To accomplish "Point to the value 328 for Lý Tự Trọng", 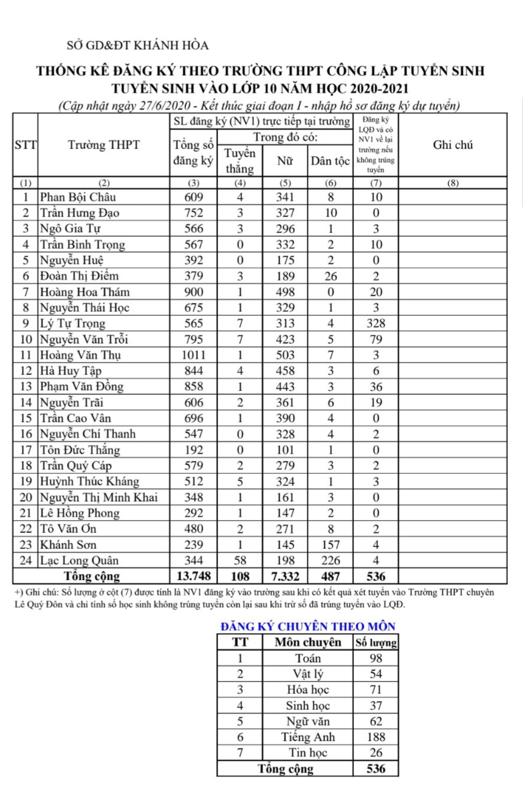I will [x=375, y=324].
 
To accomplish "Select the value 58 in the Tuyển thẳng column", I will [x=240, y=560].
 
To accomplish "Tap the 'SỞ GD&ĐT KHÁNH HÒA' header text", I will [x=138, y=46].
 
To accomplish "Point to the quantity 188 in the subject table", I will [x=375, y=737].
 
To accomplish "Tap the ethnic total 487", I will [x=330, y=576].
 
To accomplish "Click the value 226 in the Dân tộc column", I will [x=330, y=560].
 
